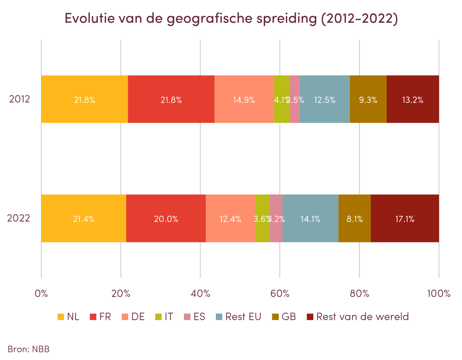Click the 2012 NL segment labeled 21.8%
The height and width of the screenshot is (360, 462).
tap(85, 99)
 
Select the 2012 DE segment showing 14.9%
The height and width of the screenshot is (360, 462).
tap(244, 99)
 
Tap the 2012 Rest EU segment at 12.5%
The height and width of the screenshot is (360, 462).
tap(325, 99)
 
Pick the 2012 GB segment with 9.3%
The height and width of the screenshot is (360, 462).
tap(368, 99)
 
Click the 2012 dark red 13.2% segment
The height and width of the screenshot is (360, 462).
tap(413, 99)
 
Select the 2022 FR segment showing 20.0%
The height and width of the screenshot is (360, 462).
tap(166, 219)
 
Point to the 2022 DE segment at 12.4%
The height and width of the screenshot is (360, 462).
tap(230, 219)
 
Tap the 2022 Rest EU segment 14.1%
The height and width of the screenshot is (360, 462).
tap(310, 219)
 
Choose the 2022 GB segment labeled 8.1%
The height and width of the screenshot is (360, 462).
tap(354, 219)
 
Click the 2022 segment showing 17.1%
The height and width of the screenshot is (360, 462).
tap(405, 219)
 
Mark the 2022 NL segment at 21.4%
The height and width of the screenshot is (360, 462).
tap(83, 219)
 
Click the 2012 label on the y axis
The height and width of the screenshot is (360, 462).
tap(20, 99)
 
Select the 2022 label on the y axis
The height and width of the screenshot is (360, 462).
tap(19, 218)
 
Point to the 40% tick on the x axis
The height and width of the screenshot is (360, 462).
tap(200, 293)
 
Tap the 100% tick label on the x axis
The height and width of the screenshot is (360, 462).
tap(439, 293)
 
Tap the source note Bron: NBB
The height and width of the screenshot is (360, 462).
tap(29, 349)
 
